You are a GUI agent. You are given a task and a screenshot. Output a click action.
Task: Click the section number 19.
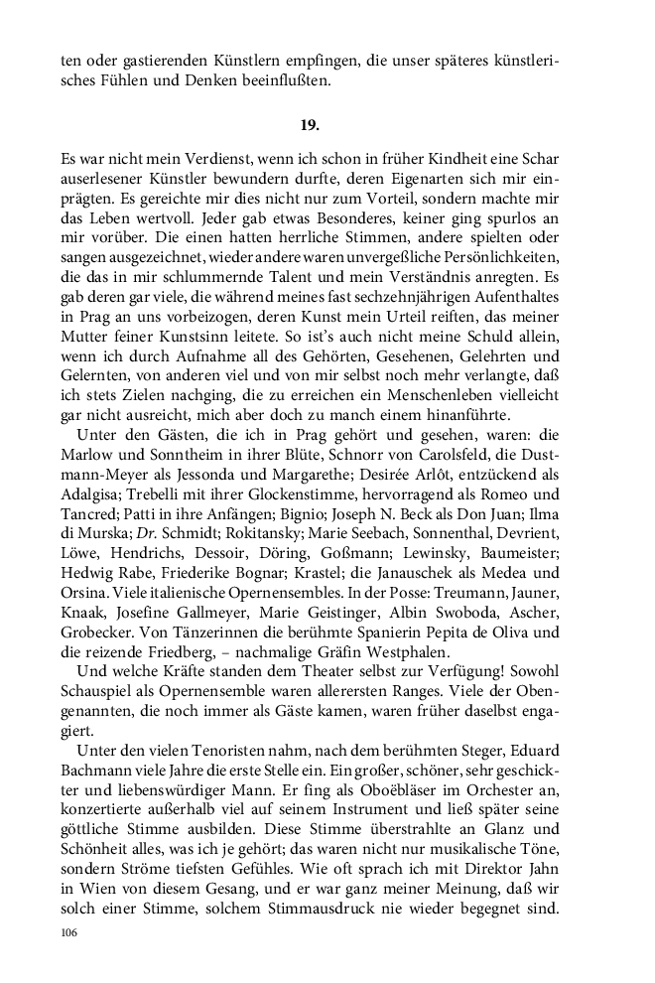(309, 125)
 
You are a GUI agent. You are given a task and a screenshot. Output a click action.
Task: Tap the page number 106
(68, 932)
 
